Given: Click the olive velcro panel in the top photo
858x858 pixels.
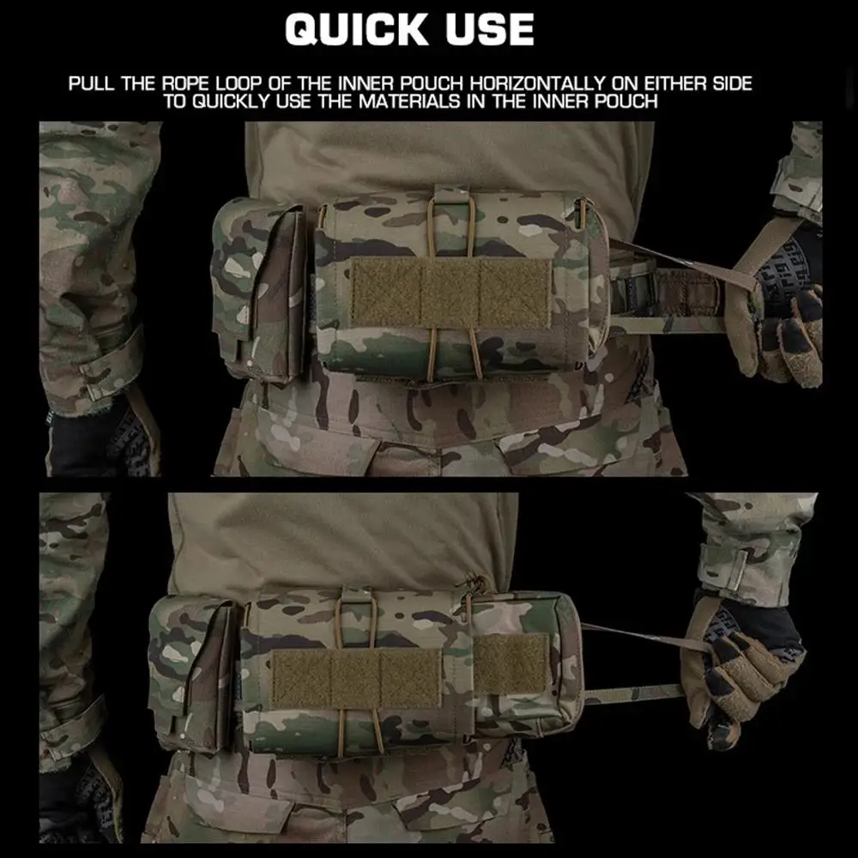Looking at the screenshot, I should click(450, 291).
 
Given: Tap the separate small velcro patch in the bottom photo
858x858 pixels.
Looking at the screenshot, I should click(511, 665).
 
